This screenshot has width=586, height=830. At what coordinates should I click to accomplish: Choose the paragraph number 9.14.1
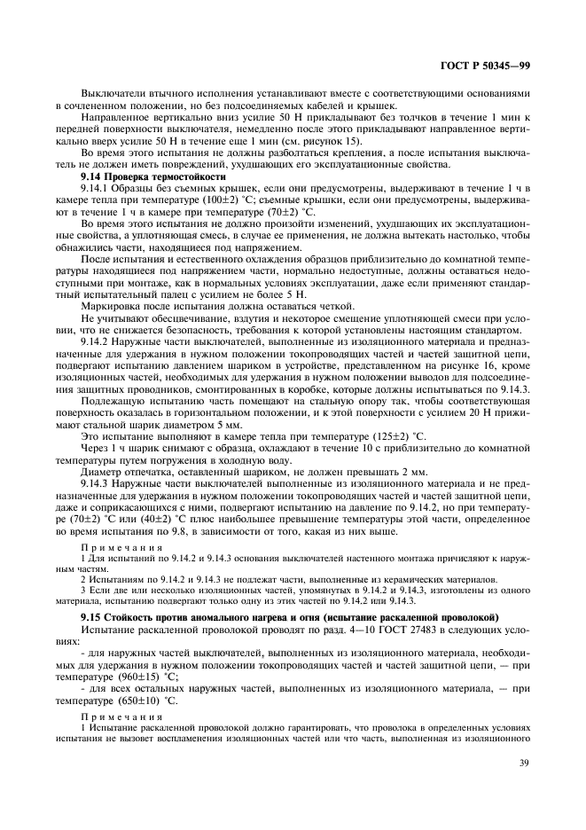(x=94, y=189)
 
